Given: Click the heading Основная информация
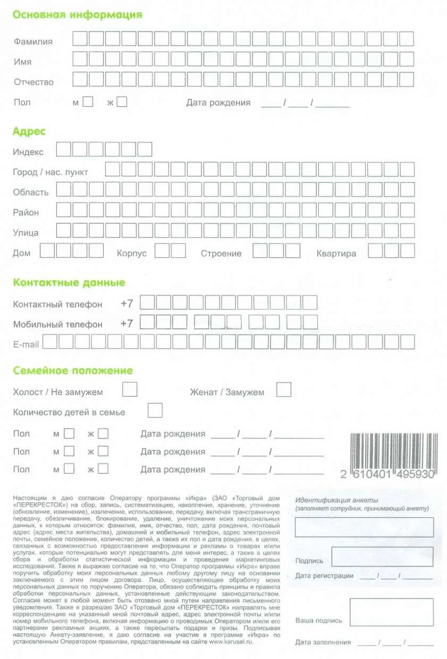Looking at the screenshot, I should tap(78, 15).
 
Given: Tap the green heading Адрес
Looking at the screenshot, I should tap(29, 131).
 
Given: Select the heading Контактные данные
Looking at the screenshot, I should tap(69, 282).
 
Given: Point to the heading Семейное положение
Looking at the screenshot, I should tap(73, 370).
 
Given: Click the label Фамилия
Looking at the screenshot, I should tap(33, 41).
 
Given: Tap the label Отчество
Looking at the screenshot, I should tap(33, 82).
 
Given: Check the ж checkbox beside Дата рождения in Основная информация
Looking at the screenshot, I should tap(122, 102).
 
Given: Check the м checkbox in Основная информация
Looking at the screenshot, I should tap(88, 102).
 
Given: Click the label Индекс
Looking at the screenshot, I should tap(28, 152).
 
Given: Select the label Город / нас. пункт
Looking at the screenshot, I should tap(50, 172).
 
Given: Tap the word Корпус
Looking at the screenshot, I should tap(131, 254).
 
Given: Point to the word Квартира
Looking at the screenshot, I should tap(336, 254).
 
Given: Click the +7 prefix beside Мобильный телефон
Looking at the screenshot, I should tap(126, 323).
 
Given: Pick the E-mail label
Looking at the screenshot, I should tap(26, 344).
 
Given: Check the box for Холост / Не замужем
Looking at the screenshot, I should tap(130, 390).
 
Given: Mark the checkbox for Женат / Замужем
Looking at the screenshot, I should tap(284, 390).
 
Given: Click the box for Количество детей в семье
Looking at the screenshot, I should tap(155, 410).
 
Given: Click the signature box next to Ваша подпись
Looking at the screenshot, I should tap(391, 612).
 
